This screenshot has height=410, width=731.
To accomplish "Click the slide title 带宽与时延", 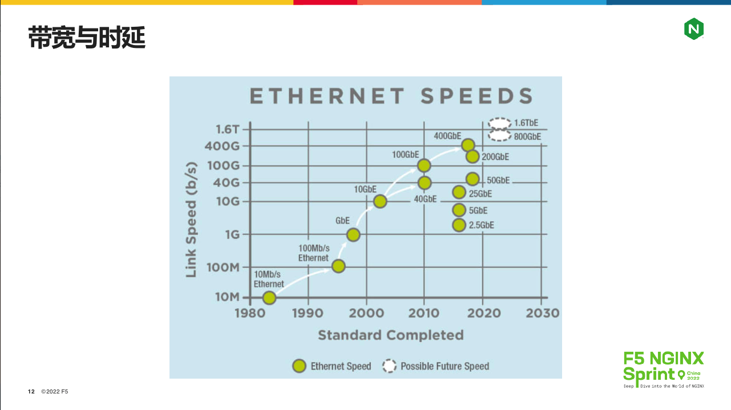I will click(87, 38).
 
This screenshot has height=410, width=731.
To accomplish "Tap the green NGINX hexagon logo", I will click(693, 29).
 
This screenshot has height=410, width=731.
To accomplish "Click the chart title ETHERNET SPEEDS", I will click(391, 96).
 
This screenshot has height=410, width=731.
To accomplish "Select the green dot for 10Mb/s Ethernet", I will click(269, 297).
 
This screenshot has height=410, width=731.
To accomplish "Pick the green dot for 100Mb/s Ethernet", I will click(338, 266).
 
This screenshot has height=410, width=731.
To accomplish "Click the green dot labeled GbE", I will click(353, 234).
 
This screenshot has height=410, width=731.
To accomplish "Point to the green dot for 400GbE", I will click(468, 145).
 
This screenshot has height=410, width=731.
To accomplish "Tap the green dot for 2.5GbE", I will click(459, 225).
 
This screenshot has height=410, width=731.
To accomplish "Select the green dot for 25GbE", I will click(459, 192).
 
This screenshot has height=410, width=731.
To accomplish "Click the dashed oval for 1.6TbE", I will click(500, 123).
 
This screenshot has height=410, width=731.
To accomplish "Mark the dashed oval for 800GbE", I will click(500, 136).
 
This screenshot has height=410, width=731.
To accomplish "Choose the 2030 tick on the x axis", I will click(542, 313).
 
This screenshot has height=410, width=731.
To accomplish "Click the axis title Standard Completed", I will click(390, 335).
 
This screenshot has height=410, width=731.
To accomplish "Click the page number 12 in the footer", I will click(31, 392).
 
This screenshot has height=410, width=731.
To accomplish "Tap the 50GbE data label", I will click(498, 180).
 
